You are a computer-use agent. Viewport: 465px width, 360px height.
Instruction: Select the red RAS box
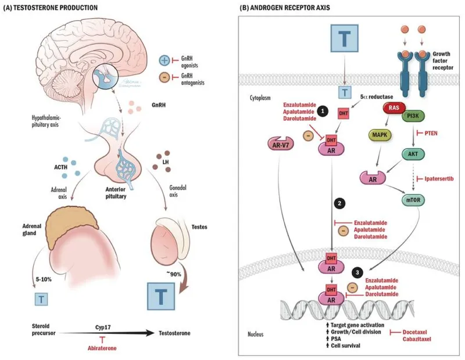tap(393, 108)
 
